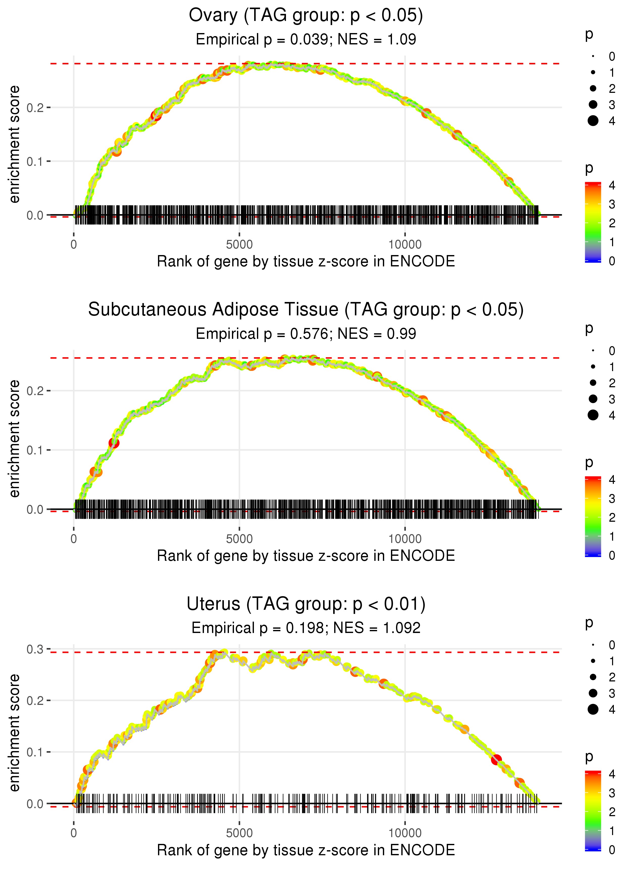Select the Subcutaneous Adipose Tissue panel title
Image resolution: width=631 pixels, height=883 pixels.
pyautogui.click(x=306, y=310)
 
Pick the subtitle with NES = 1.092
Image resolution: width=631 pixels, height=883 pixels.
pyautogui.click(x=306, y=628)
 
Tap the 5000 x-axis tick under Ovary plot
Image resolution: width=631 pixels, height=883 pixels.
pyautogui.click(x=239, y=245)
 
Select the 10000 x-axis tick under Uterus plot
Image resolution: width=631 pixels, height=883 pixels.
pyautogui.click(x=405, y=833)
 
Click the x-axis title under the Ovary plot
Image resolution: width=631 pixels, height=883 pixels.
pyautogui.click(x=306, y=262)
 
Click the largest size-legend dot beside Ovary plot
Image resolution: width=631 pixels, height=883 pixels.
pyautogui.click(x=593, y=121)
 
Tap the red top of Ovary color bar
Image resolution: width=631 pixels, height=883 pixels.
pyautogui.click(x=593, y=184)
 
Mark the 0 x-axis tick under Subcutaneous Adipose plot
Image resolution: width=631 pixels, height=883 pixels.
pyautogui.click(x=74, y=539)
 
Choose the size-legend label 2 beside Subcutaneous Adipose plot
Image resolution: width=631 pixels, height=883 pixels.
pyautogui.click(x=612, y=383)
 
